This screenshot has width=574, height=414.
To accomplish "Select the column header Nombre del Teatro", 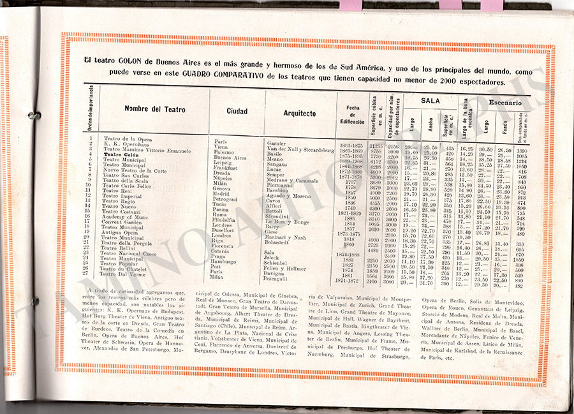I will [155, 109].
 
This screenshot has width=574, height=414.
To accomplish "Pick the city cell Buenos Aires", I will [230, 158].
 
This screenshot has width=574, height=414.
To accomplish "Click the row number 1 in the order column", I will [91, 138].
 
